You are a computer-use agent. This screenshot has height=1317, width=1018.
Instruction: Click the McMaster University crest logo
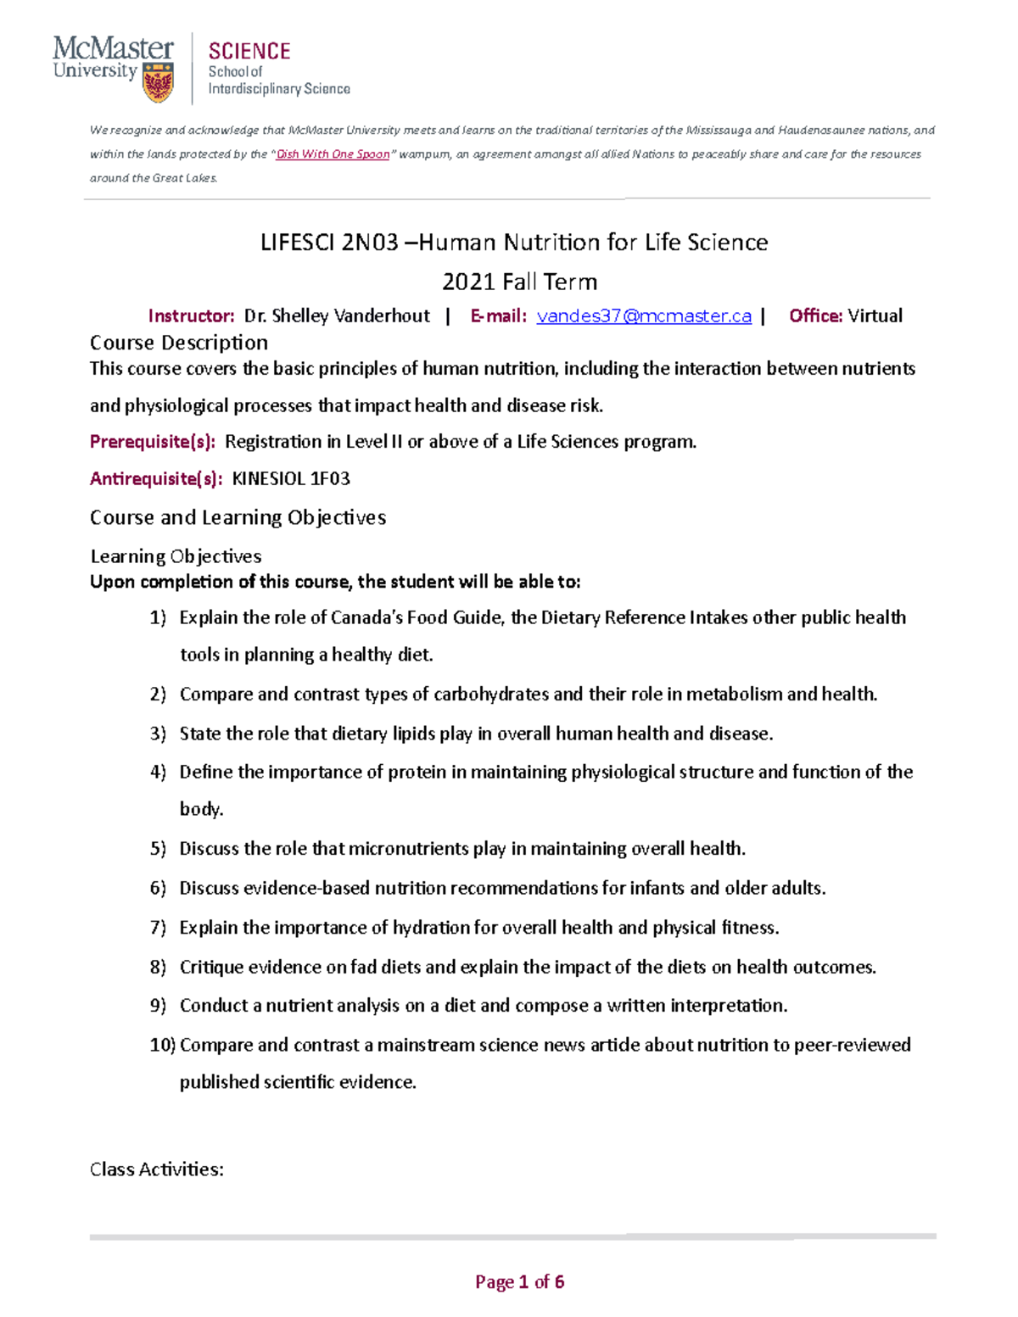[159, 83]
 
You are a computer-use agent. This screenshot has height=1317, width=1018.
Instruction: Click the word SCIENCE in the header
[249, 52]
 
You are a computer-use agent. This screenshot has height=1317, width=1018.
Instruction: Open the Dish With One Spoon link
[333, 154]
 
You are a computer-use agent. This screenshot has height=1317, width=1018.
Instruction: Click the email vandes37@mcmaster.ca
[644, 316]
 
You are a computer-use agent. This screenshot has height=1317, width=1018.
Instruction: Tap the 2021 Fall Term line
[520, 282]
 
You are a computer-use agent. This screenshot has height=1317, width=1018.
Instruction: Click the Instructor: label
[191, 316]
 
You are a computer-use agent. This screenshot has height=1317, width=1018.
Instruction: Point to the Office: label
[815, 316]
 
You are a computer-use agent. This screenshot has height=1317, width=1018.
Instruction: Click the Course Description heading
[179, 343]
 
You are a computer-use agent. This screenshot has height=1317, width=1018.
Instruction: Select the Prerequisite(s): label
[153, 442]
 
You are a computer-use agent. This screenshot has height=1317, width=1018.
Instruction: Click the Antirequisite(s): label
[156, 479]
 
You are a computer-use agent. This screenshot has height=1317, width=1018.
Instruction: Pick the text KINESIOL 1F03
[291, 479]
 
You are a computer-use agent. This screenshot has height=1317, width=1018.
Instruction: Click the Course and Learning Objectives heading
[238, 517]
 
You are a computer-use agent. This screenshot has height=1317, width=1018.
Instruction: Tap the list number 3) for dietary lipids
[158, 734]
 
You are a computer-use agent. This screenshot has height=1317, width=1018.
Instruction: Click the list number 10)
[162, 1045]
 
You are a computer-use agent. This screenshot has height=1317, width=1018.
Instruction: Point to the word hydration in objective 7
[431, 928]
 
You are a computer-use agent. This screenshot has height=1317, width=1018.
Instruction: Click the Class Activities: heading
[157, 1169]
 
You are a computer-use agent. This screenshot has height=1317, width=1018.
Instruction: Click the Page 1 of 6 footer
[519, 1281]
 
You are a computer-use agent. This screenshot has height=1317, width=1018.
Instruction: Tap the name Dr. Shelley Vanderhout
[337, 316]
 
